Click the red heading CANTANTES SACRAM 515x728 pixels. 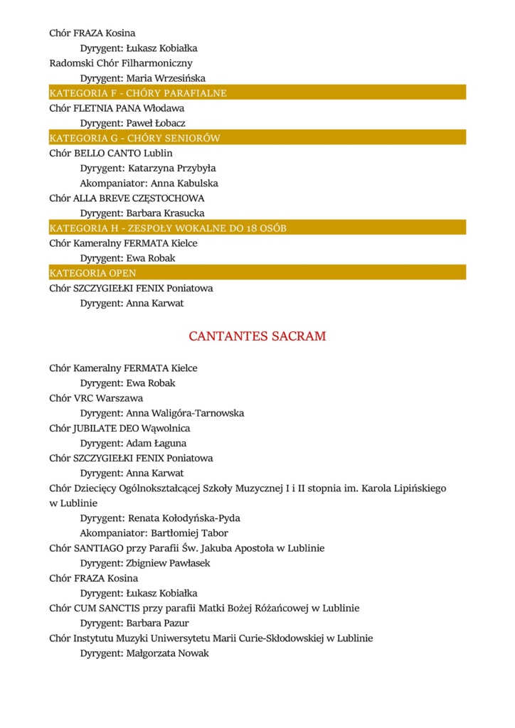[257, 336]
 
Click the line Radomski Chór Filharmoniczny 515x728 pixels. [120, 63]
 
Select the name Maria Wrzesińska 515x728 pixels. [166, 78]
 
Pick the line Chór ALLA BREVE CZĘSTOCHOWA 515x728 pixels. [127, 198]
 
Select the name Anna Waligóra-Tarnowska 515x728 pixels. [185, 413]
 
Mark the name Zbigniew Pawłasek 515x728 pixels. [168, 563]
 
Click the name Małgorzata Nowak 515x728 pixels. [167, 653]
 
